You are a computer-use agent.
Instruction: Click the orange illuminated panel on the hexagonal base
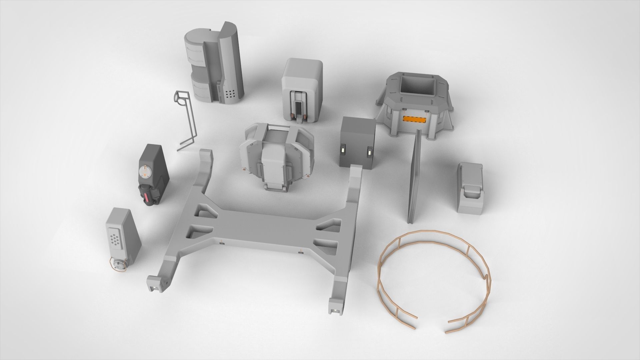click(414, 119)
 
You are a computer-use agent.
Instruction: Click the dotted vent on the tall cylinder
click(229, 94)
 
